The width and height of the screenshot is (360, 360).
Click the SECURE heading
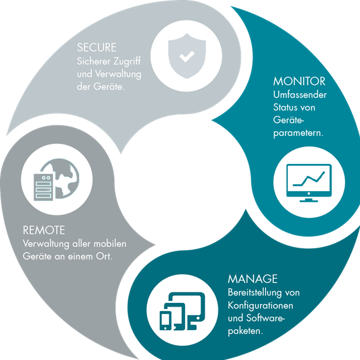[x=97, y=48]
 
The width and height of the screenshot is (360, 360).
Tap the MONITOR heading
[x=299, y=81]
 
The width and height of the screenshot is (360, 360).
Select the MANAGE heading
[x=253, y=279]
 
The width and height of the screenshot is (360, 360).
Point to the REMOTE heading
[x=44, y=230]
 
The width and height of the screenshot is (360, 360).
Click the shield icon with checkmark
[x=187, y=56]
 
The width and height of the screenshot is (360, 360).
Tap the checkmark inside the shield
[x=187, y=56]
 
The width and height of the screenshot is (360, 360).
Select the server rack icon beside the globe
[x=43, y=187]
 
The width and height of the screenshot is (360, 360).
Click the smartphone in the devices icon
[x=166, y=320]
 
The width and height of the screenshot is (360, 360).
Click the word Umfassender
[x=300, y=95]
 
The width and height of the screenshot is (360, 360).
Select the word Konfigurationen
[x=261, y=306]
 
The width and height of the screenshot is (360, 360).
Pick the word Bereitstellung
[x=254, y=293]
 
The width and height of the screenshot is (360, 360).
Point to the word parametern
[x=298, y=133]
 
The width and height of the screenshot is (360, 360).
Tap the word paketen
[x=245, y=331]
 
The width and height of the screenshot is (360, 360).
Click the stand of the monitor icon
[x=309, y=200]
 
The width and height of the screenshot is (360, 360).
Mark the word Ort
[x=104, y=256]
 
